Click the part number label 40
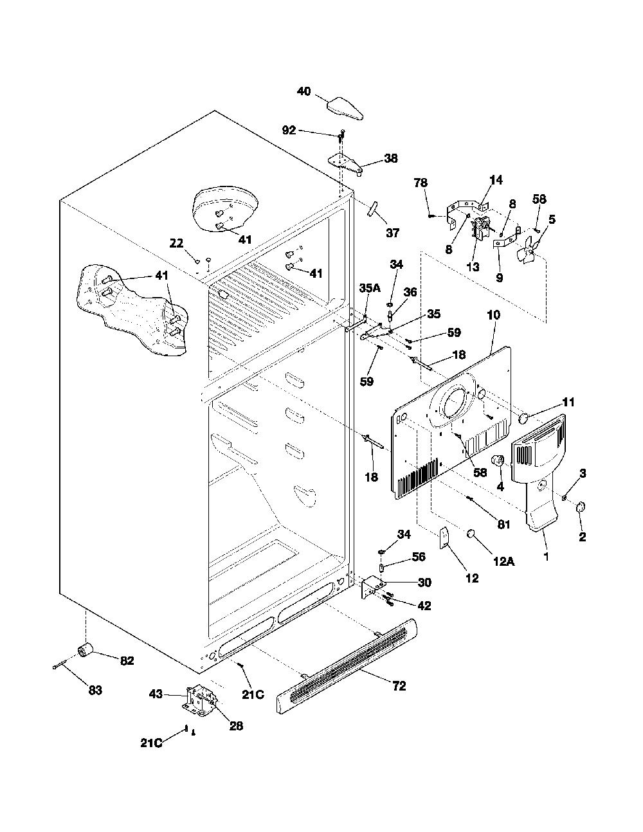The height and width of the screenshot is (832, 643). [304, 92]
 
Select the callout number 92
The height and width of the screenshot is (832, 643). [289, 131]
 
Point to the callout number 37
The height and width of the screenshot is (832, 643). [392, 232]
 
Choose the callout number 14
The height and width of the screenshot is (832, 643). [496, 180]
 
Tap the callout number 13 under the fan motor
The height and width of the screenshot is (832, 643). [473, 267]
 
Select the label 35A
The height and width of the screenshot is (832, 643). [370, 288]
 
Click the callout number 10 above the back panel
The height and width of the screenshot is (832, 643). [494, 315]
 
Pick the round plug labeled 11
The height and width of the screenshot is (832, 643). [523, 418]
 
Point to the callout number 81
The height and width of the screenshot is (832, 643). [503, 524]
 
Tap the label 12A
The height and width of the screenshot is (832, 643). [503, 562]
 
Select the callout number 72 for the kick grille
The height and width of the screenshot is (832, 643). [399, 686]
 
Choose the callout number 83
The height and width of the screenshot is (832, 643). [95, 690]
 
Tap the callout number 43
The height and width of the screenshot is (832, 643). [156, 694]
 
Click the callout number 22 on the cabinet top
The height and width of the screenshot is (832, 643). [176, 243]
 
